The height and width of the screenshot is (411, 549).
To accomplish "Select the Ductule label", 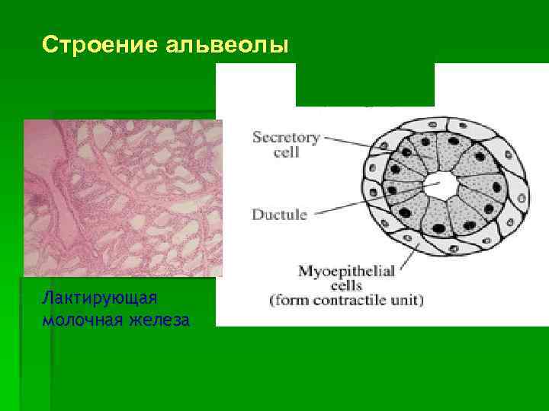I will pos(279,215).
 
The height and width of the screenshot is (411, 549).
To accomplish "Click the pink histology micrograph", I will pos(122,198).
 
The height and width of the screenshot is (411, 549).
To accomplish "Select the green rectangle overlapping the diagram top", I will pos(364,84).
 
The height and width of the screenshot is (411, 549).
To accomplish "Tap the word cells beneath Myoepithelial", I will pos(346,285).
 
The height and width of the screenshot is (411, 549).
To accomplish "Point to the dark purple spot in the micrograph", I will pos(37,200).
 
